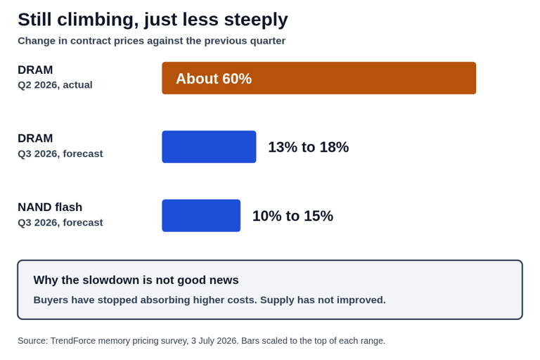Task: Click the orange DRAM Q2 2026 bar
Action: [319, 78]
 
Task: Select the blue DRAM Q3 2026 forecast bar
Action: [209, 147]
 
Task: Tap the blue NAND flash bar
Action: [201, 216]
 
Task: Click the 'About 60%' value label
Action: [214, 79]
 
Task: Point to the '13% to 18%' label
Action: [309, 147]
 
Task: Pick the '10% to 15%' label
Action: [292, 216]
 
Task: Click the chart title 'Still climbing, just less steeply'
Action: [153, 20]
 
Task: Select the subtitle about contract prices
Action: [152, 41]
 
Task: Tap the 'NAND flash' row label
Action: [50, 207]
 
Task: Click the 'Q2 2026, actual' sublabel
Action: [55, 85]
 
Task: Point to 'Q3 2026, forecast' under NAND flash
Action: [60, 223]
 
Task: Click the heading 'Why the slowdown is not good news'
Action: [136, 280]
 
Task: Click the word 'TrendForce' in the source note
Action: [73, 341]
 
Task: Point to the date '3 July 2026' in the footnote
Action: [214, 341]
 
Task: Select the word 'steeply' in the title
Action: [256, 20]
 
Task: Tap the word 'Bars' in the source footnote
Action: [249, 341]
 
